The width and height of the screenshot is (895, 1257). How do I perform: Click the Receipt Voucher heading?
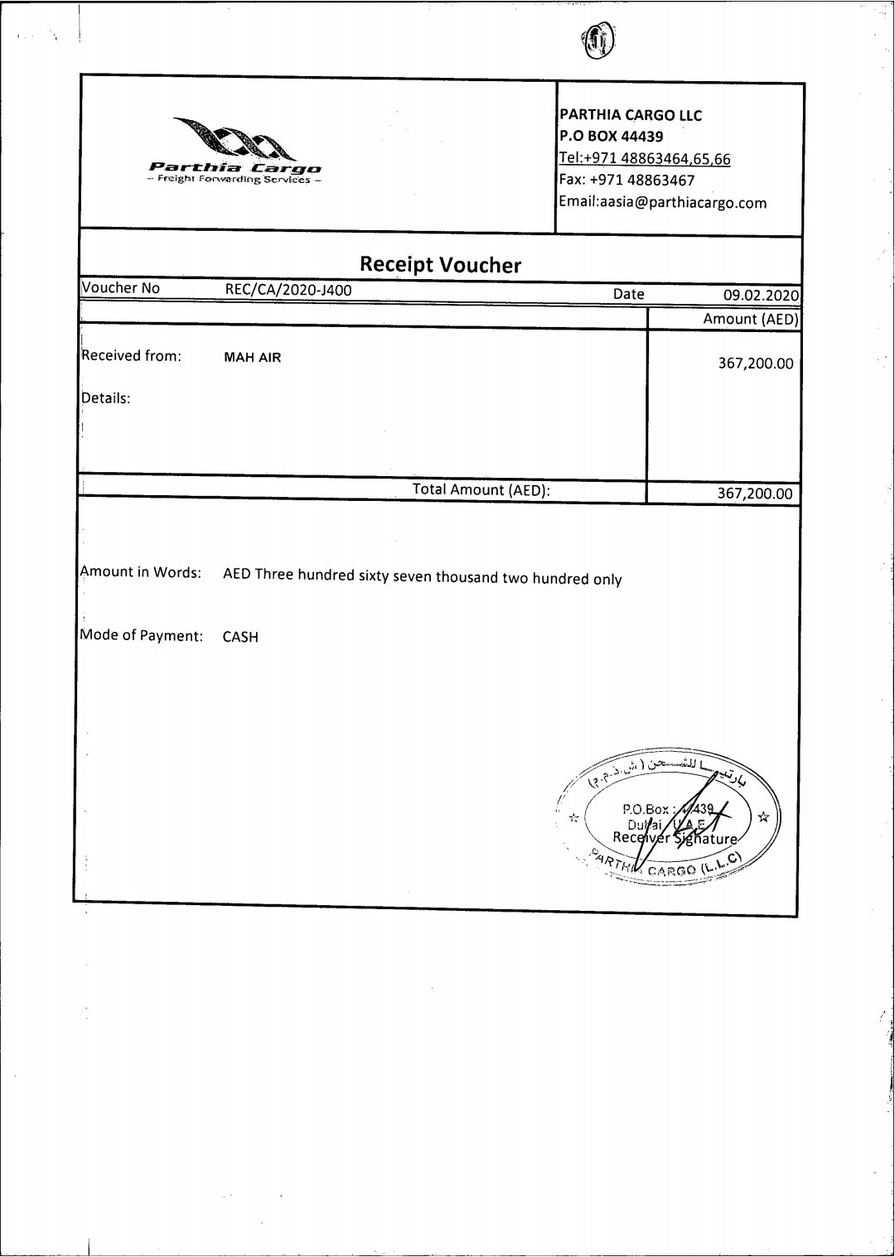(440, 265)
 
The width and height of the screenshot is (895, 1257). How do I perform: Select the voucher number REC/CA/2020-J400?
(283, 289)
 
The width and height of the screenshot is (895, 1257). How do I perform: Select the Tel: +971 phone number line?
(645, 158)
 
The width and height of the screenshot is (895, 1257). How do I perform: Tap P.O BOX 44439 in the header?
(611, 137)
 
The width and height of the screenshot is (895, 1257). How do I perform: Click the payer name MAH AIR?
(253, 358)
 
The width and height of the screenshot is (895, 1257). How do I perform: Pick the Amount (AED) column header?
(750, 319)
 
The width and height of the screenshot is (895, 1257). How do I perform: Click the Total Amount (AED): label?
(481, 489)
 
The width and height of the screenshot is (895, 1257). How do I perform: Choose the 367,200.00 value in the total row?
(755, 494)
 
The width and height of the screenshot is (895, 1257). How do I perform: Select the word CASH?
(240, 637)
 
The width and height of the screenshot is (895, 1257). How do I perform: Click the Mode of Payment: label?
(142, 636)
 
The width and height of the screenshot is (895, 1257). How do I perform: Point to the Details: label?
(105, 397)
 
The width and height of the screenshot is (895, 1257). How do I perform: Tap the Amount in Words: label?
(141, 572)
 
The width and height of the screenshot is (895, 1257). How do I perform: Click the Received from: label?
(130, 356)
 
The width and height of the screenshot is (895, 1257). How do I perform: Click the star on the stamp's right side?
(763, 816)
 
